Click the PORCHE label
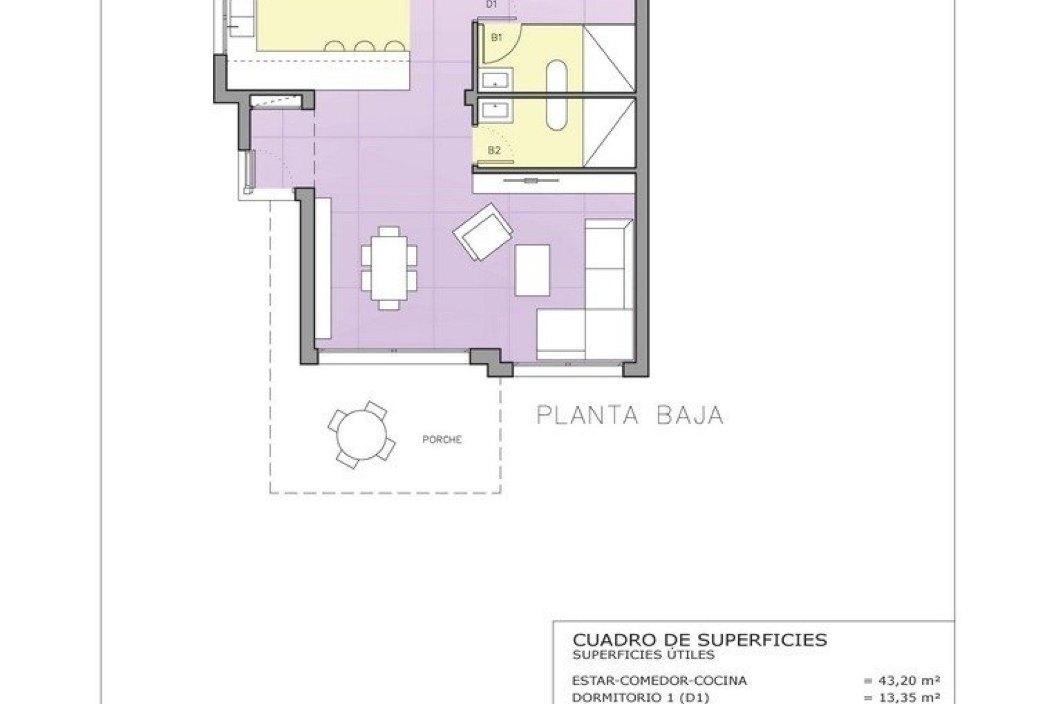tap(442, 439)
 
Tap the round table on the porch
tap(361, 435)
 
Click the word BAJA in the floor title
tap(690, 415)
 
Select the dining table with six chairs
tap(389, 268)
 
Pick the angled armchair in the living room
tap(483, 232)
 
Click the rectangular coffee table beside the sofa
tap(532, 270)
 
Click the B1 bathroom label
tap(497, 38)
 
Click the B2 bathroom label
tap(494, 150)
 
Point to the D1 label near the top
tap(492, 4)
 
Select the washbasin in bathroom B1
tap(497, 79)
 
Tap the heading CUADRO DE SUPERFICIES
tap(700, 640)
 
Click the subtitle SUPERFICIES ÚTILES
tap(643, 654)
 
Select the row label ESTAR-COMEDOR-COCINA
tap(659, 681)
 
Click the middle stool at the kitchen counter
tap(364, 47)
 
